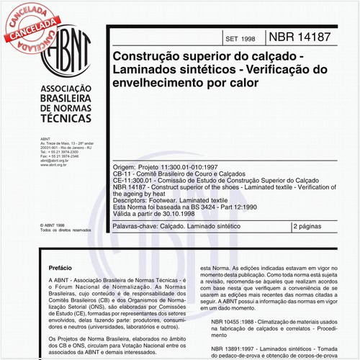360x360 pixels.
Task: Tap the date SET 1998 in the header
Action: [240, 37]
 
